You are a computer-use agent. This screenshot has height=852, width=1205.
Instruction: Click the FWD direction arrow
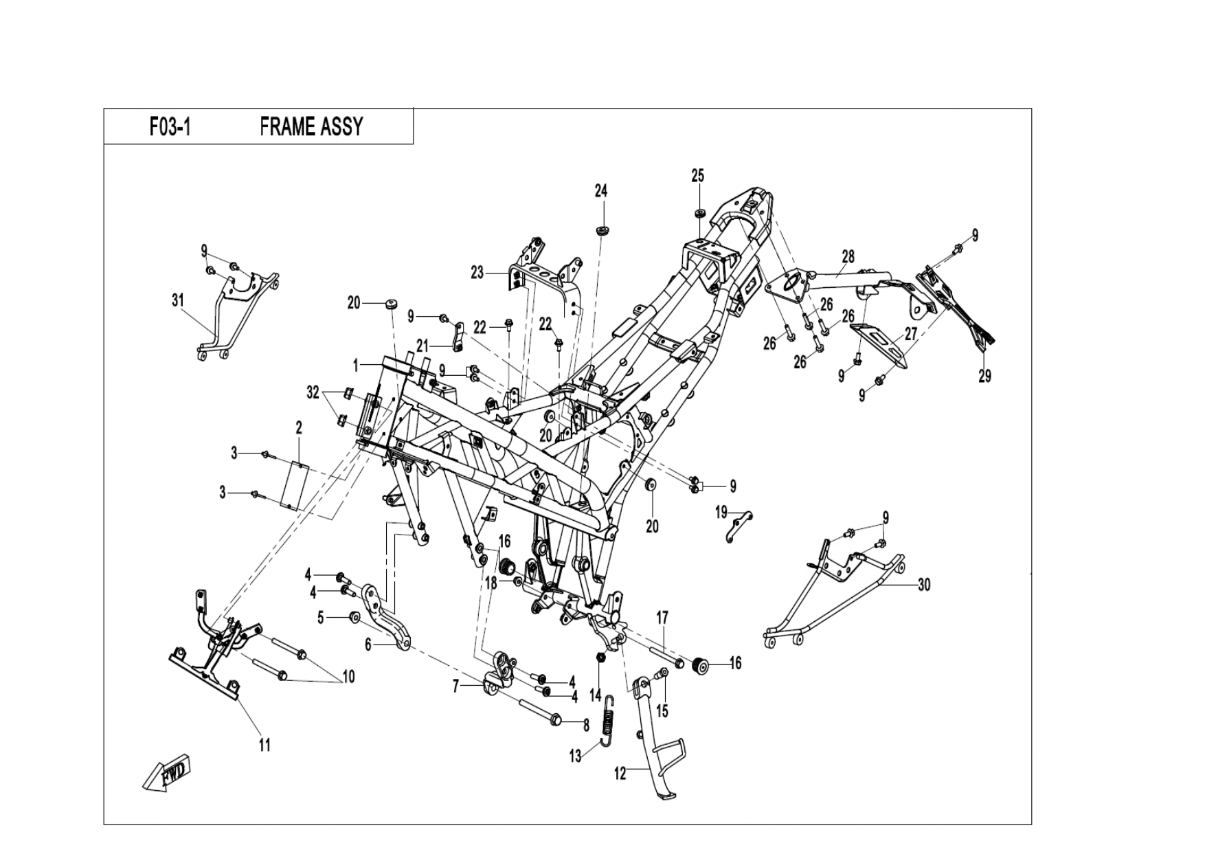pos(166,774)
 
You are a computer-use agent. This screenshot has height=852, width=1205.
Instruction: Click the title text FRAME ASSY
pos(311,127)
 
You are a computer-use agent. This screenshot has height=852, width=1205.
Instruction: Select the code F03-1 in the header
pos(170,128)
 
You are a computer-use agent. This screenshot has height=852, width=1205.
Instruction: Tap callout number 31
pos(178,300)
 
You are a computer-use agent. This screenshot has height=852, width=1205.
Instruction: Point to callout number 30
pos(924,585)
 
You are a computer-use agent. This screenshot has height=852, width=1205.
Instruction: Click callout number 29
pos(984,376)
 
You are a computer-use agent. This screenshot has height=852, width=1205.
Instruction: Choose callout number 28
pos(848,256)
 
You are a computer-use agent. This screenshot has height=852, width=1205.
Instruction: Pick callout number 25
pos(697,176)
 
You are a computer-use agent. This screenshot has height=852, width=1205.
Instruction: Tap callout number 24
pos(601,190)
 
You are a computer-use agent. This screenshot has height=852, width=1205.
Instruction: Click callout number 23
pos(477,273)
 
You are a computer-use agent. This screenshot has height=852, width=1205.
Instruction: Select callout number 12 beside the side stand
pos(620,774)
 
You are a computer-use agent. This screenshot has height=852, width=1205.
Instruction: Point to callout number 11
pos(264,744)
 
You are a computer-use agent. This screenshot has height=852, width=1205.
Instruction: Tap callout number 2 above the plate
pos(299,428)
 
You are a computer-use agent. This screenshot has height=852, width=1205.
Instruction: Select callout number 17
pos(662,618)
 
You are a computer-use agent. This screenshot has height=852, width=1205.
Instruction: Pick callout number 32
pos(313,392)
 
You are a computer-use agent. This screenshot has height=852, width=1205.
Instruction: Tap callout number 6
pos(368,645)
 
